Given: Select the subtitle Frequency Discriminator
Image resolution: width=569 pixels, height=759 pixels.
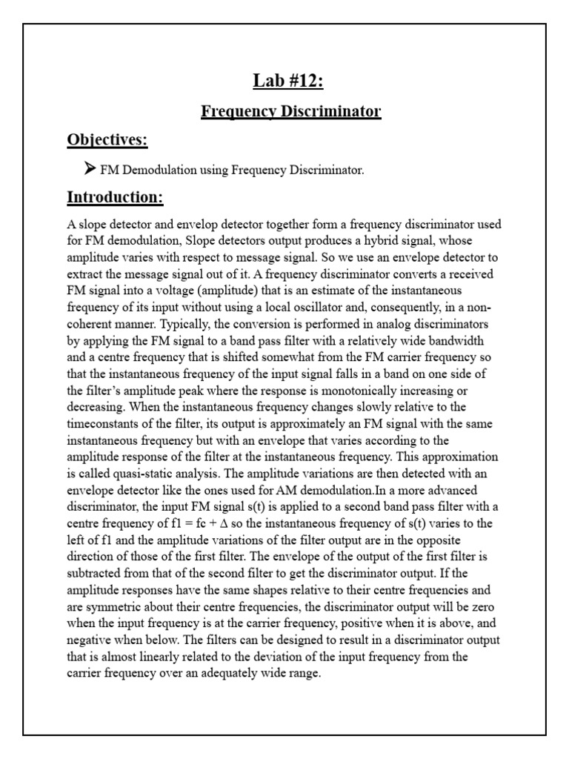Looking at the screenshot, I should [x=291, y=111].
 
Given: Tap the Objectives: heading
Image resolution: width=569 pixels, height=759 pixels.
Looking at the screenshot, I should [x=107, y=140].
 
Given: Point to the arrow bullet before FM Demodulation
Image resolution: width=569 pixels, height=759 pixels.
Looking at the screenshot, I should [x=90, y=169].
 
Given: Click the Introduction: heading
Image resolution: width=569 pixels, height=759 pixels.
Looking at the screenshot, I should [x=115, y=197].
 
